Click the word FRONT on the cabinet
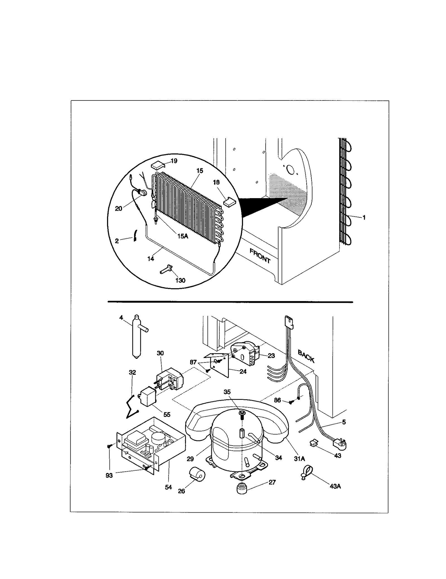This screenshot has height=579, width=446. [260, 256]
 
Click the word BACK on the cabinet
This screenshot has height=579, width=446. [306, 356]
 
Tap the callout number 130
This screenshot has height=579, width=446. [180, 280]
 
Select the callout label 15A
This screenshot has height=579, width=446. [183, 236]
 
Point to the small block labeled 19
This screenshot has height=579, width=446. [158, 165]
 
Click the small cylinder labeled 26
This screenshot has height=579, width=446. [197, 474]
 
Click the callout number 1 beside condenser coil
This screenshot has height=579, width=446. [364, 217]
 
